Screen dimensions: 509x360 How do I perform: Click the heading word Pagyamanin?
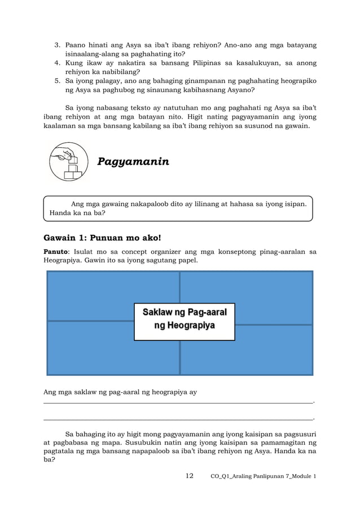133,162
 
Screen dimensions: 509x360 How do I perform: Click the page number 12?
190,476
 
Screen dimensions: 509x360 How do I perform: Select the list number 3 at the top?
57,45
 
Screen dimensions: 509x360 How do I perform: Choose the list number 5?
57,81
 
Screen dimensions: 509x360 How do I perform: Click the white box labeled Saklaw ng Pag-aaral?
184,321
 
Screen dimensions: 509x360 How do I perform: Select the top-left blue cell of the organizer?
90,296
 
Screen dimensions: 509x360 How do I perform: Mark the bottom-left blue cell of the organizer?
90,349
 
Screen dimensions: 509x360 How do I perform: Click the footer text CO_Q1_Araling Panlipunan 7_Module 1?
263,477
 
